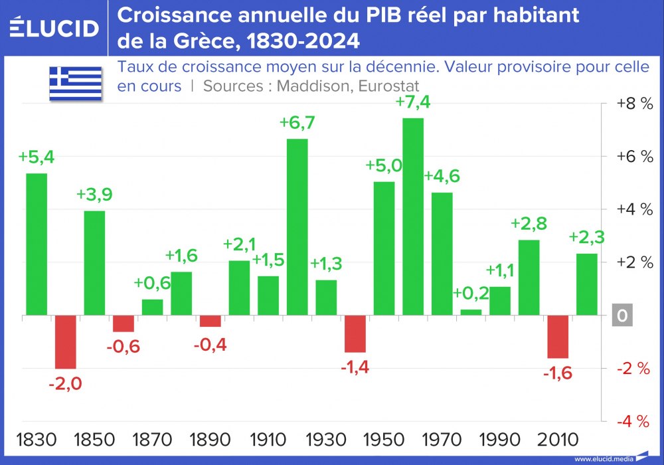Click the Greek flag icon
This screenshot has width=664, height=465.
coord(75,83)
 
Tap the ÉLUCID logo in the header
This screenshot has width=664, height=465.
coord(54,28)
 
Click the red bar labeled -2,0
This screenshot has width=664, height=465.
coord(65,342)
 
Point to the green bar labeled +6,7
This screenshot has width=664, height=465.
coord(297,227)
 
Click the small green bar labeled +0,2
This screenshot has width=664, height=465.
coord(471,312)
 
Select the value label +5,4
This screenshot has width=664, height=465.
coord(37,157)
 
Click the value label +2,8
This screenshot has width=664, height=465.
coord(529,224)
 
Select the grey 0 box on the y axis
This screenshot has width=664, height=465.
coord(622,316)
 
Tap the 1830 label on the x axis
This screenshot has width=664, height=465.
coord(37,440)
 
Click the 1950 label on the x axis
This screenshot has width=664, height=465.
coord(384,440)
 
